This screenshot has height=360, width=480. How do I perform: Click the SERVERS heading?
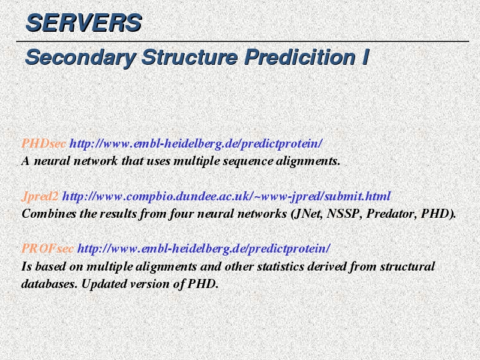click(x=83, y=23)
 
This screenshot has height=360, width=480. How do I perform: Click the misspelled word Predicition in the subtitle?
click(x=299, y=57)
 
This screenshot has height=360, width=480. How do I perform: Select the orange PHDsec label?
click(x=43, y=143)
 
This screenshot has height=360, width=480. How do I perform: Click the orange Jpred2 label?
click(x=40, y=197)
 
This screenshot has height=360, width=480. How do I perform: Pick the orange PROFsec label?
click(x=47, y=248)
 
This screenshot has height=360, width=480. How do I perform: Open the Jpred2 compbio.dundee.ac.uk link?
click(x=226, y=196)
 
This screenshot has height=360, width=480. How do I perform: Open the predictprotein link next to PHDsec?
click(x=196, y=143)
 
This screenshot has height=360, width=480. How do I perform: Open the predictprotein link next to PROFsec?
click(x=204, y=248)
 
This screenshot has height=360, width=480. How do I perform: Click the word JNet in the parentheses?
click(x=307, y=214)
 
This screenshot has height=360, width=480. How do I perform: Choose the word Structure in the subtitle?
click(x=190, y=57)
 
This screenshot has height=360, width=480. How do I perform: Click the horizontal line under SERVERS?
click(x=242, y=41)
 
